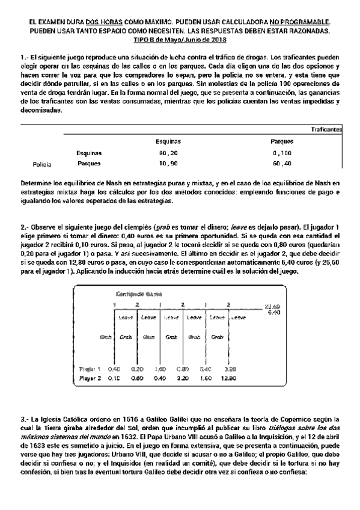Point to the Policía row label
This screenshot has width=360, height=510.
tap(41, 164)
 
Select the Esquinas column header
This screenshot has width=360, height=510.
tap(168, 141)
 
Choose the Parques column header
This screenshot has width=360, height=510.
tap(281, 141)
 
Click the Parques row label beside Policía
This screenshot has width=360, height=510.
tap(89, 164)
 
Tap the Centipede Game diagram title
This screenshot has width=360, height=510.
tap(139, 294)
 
